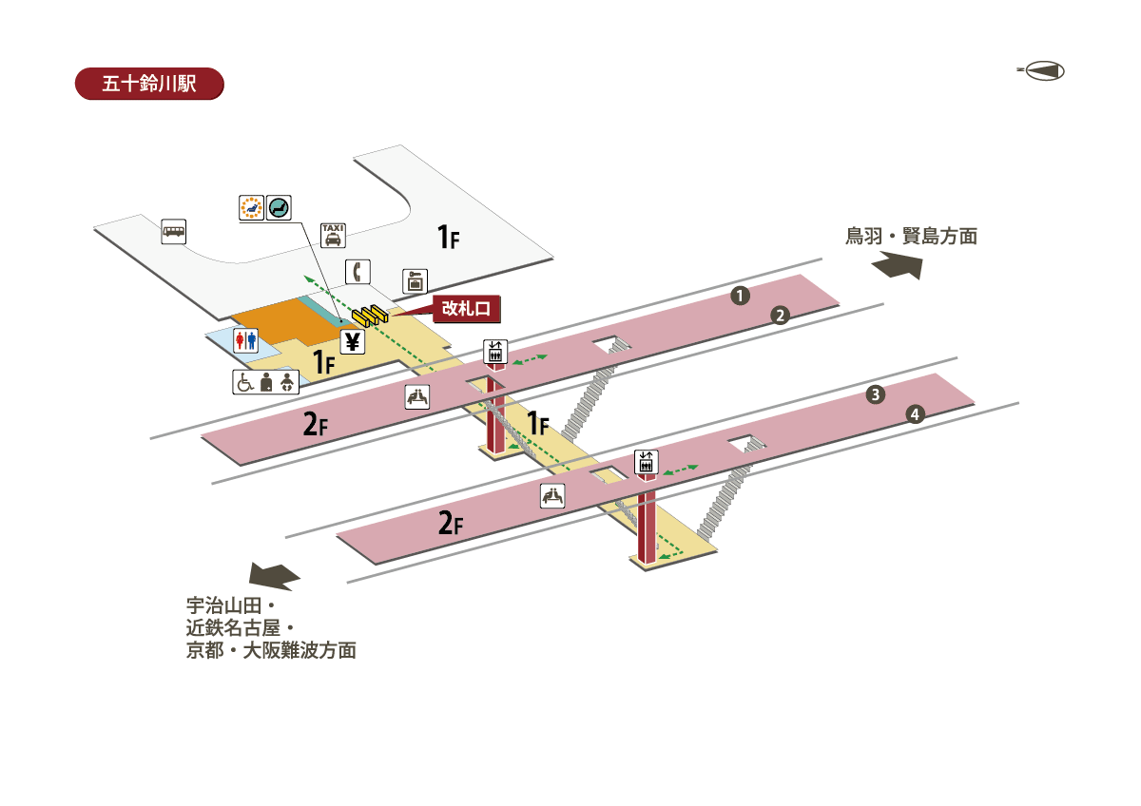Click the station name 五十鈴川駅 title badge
coord(148,83)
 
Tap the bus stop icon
coord(173,231)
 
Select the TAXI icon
coord(333,235)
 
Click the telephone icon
coord(358,271)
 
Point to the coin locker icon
coord(416,280)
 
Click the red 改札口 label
coord(466,308)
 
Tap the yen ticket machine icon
coord(353,341)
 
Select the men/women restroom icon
coord(245,340)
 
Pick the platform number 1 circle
coord(739,296)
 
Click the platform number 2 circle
coord(780,316)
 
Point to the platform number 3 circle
coord(876,394)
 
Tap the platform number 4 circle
coord(915,414)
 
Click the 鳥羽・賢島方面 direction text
coord(911,237)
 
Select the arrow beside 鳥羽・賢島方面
coord(899,265)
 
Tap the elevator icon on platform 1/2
coord(494,351)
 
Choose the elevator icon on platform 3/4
coord(647,462)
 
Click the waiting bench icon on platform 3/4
coord(552,495)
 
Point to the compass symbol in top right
coord(1042,71)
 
